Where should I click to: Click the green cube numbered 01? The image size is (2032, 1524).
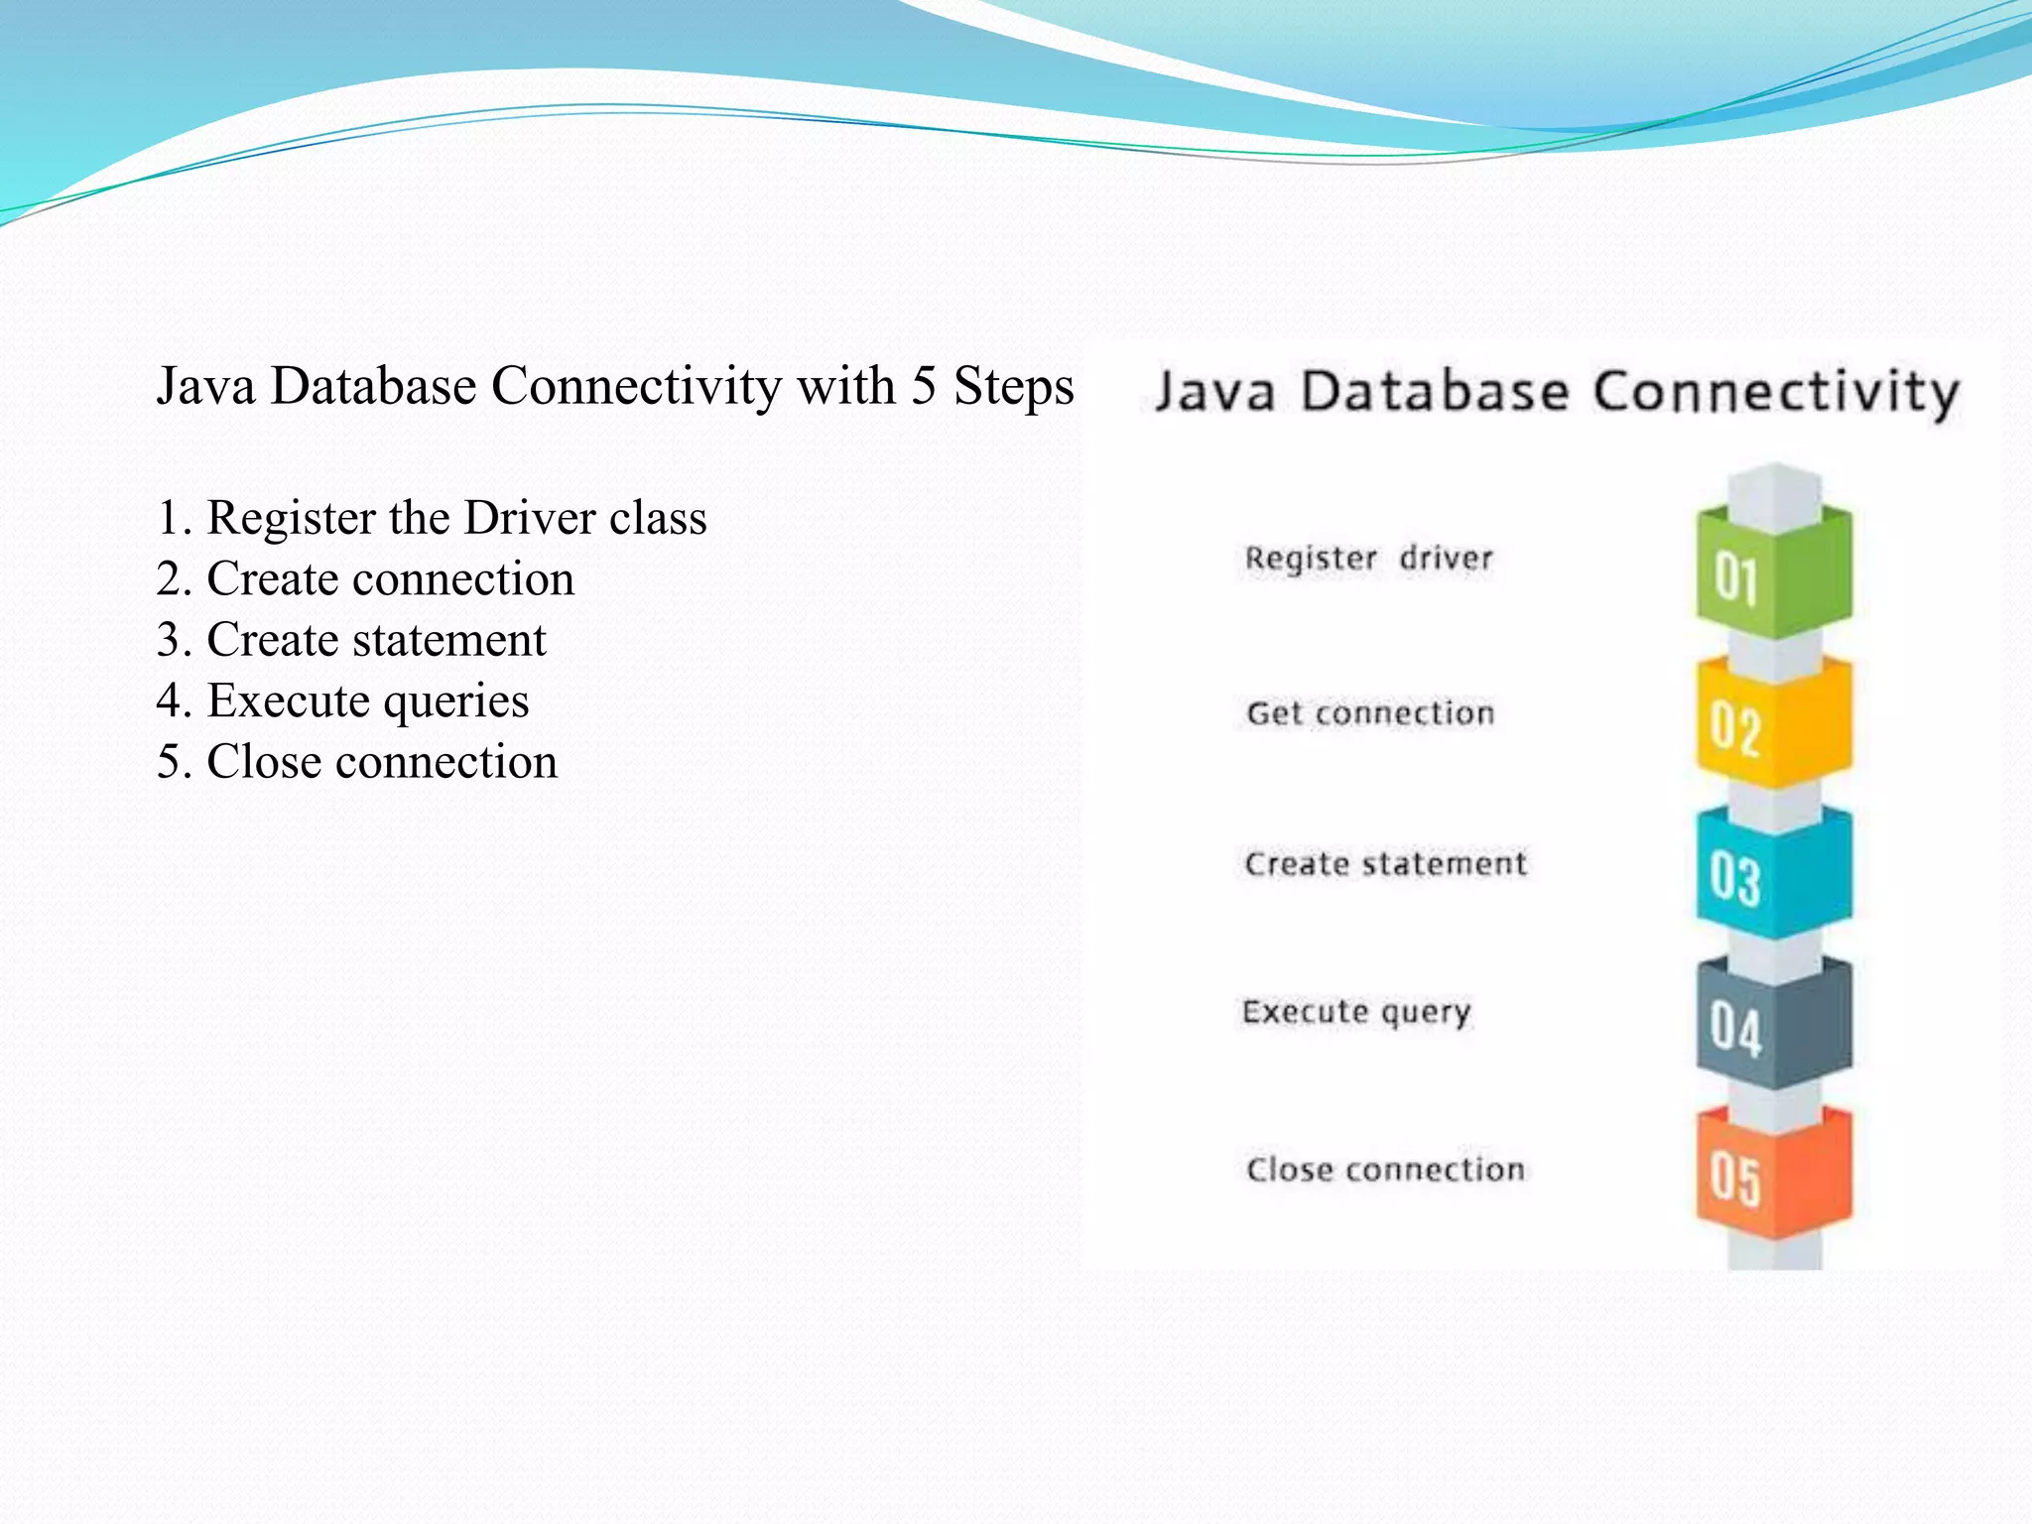click(x=1772, y=575)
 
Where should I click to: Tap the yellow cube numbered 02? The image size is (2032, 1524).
click(x=1772, y=726)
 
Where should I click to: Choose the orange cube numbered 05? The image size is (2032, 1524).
click(x=1772, y=1177)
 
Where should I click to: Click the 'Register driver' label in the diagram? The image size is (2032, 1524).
click(x=1368, y=559)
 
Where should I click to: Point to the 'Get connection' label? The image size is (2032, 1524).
click(x=1370, y=713)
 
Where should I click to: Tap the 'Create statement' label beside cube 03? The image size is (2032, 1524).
click(x=1385, y=864)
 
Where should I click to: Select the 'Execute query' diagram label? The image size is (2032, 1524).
click(x=1356, y=1012)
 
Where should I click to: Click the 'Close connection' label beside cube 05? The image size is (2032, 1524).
click(x=1385, y=1170)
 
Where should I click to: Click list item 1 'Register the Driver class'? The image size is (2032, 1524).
click(x=432, y=518)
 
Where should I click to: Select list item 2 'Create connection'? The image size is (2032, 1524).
click(x=365, y=579)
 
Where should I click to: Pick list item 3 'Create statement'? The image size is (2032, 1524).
click(x=351, y=640)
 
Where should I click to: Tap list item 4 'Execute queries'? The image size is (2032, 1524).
click(x=342, y=701)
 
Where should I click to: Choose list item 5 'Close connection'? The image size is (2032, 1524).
click(x=357, y=762)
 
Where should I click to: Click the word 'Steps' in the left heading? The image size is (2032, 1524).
click(x=1013, y=387)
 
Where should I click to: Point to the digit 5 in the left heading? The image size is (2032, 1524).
click(x=924, y=385)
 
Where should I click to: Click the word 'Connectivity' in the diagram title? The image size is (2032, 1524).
click(x=1775, y=393)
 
